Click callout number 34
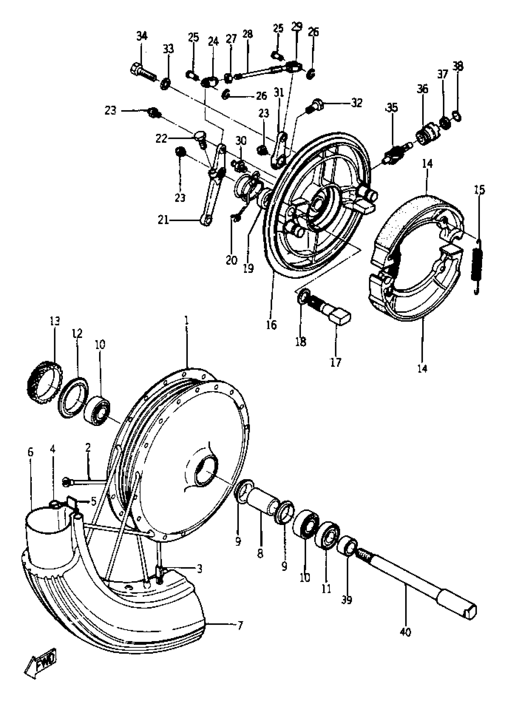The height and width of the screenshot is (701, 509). point(142,36)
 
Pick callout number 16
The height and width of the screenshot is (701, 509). point(271,325)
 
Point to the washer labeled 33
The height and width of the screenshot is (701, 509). point(166,84)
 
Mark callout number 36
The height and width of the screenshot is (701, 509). point(422,89)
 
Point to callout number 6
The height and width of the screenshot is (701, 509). point(30,452)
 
